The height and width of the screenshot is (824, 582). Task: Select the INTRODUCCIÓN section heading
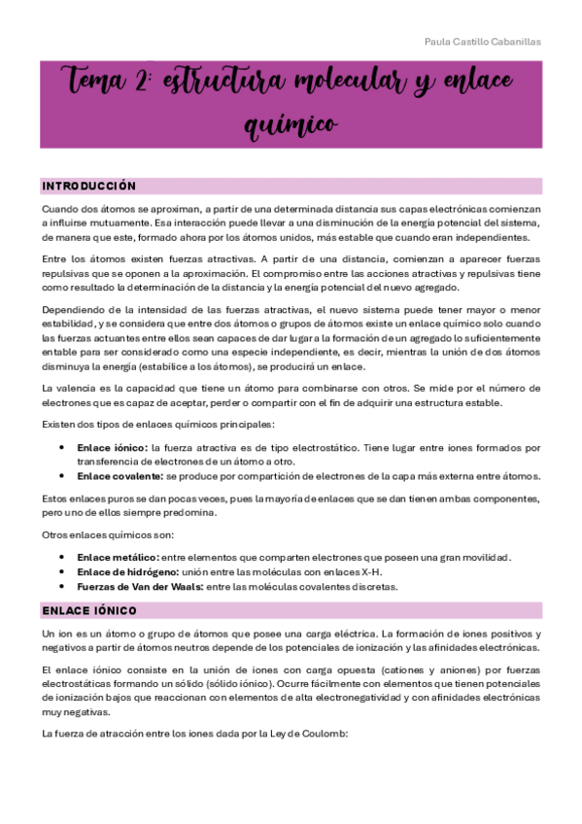click(x=88, y=186)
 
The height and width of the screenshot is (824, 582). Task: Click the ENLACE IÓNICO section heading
click(x=88, y=610)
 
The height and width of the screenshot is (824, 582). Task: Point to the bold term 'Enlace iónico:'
click(x=112, y=447)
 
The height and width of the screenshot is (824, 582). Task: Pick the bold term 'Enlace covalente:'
click(x=120, y=476)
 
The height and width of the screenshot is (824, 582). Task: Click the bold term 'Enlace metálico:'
click(x=118, y=557)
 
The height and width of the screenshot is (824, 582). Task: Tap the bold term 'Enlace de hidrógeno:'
click(x=126, y=571)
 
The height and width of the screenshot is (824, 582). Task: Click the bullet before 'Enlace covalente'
click(x=62, y=476)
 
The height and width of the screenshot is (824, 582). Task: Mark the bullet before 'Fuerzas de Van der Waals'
click(x=62, y=586)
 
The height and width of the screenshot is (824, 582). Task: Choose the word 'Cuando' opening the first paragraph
click(x=57, y=209)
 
